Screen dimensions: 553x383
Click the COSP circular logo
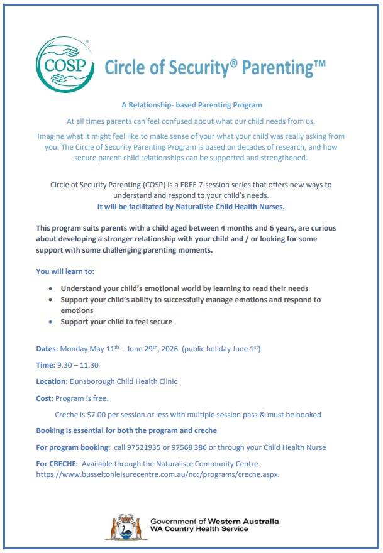[65, 64]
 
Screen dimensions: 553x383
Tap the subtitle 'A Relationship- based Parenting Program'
[192, 105]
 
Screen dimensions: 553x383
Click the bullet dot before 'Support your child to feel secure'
[51, 322]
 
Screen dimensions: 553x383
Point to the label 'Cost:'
[45, 398]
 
